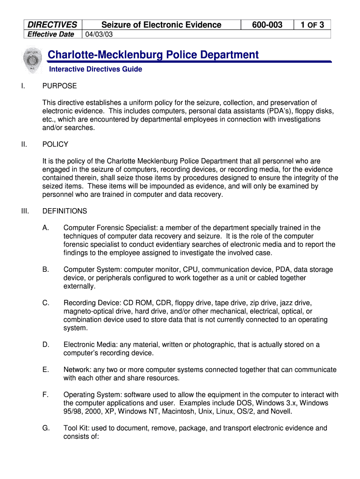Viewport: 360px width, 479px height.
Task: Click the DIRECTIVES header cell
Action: (52, 25)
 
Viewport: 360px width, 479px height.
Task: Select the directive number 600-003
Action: (266, 25)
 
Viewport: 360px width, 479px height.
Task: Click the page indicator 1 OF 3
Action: (312, 25)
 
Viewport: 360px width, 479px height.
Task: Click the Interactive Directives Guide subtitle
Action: (96, 69)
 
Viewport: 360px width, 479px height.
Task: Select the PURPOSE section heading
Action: (59, 86)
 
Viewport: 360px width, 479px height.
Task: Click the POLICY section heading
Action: (55, 145)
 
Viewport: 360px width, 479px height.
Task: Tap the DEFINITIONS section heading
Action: (65, 211)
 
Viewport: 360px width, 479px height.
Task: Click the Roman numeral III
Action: (25, 211)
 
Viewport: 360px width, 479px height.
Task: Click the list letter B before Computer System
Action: (45, 269)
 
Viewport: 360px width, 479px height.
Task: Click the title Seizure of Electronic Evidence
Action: (161, 25)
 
